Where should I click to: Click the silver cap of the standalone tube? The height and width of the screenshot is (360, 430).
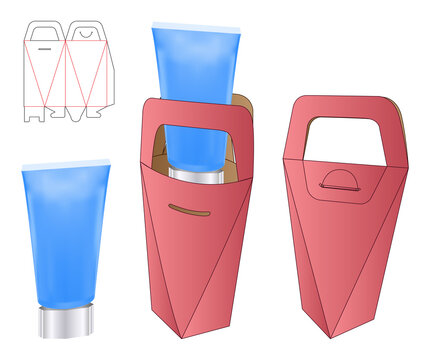[64, 322]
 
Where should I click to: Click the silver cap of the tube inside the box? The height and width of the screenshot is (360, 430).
[195, 175]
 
